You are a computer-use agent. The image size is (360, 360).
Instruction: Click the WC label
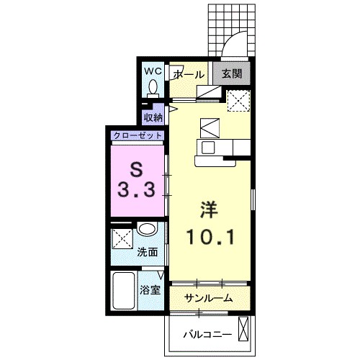coord(153,71)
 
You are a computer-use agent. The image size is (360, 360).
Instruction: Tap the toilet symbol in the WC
coord(153,89)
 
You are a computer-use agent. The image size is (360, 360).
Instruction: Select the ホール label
coord(189,75)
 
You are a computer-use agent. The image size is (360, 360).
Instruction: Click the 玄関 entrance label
coord(232,73)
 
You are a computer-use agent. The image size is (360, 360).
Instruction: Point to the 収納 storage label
coord(153,117)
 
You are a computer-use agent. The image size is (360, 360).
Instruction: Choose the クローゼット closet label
coord(138,136)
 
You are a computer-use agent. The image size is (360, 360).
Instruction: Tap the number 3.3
coord(136,189)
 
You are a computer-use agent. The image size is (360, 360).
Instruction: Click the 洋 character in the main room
coord(210,210)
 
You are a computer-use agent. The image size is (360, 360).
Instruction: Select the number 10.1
coord(210,237)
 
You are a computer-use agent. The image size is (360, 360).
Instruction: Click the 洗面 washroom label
coord(148,252)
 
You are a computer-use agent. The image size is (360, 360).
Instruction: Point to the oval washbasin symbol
coord(147,230)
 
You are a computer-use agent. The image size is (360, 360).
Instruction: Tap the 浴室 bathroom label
coord(150,290)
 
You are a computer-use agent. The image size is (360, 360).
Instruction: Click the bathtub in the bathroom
coord(123,291)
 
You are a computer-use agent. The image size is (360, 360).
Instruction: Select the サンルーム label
coord(208,298)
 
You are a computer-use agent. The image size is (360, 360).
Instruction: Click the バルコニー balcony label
coord(208,334)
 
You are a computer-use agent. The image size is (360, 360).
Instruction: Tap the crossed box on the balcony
coord(244,329)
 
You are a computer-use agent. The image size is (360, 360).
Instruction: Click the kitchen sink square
coord(208,148)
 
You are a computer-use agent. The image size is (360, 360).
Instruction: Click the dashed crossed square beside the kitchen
coord(239,101)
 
